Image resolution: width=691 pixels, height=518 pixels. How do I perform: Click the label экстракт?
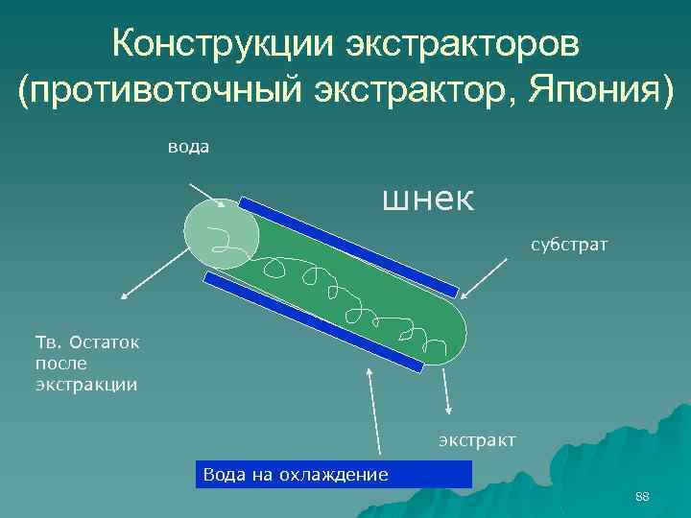tap(477, 440)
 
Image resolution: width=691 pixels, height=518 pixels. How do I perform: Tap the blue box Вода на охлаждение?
tap(336, 474)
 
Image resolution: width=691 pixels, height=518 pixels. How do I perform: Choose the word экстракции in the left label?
tap(86, 385)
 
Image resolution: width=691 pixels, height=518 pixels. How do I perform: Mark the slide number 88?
tap(642, 496)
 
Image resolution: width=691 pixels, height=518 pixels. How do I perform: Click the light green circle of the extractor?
tap(219, 233)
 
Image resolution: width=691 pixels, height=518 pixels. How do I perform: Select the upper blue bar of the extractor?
tap(349, 247)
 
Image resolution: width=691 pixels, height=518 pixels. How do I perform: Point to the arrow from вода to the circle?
tap(206, 195)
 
